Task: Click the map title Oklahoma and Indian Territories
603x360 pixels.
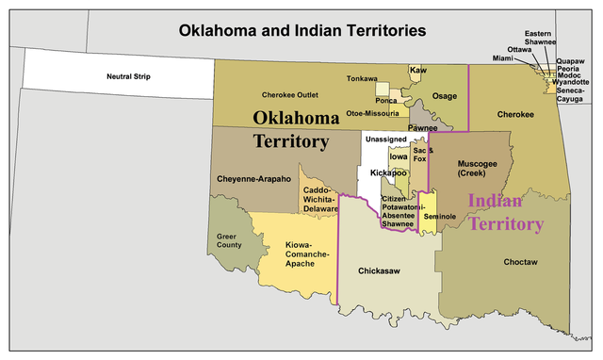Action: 303,30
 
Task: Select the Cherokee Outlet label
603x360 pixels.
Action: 289,95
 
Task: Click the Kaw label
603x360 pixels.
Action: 415,71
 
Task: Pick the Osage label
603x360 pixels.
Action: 445,96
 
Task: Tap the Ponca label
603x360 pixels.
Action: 386,100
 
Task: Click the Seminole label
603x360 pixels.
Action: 440,217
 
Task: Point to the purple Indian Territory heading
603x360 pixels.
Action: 506,212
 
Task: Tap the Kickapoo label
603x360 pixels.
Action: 387,173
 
